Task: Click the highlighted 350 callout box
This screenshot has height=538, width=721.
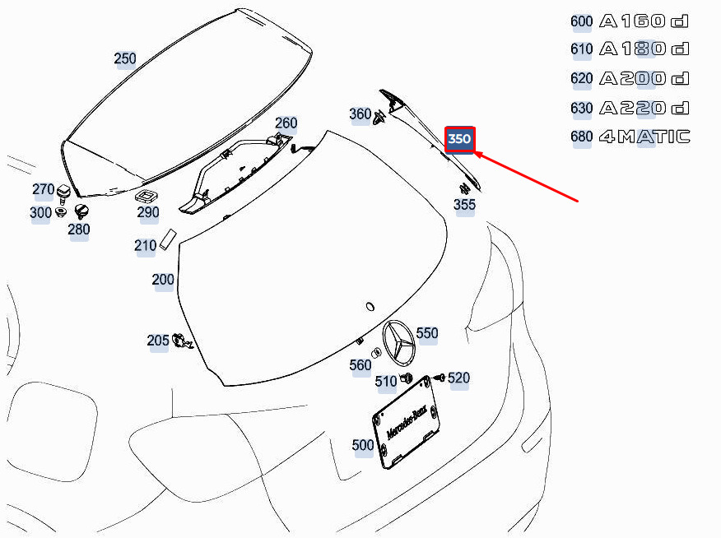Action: tap(459, 139)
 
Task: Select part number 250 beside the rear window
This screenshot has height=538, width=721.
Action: tap(125, 58)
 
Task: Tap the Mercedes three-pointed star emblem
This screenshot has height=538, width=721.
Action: tap(398, 343)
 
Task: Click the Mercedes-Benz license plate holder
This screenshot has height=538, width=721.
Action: tap(406, 423)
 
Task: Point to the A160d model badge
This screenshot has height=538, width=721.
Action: tap(644, 21)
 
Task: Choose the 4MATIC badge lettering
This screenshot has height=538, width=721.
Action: tap(644, 137)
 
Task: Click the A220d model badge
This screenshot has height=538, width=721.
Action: tap(644, 108)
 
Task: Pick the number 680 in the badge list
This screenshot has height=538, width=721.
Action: tap(581, 137)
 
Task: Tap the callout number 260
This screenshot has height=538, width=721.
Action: tap(286, 123)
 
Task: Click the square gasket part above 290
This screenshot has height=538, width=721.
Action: tap(147, 196)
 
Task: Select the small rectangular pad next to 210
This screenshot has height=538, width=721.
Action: tap(168, 239)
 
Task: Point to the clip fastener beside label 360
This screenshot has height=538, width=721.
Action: tap(379, 118)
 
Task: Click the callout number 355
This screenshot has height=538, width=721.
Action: tap(464, 205)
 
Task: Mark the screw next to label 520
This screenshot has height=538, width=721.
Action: tap(440, 378)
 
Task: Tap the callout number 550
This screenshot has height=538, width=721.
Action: tap(426, 333)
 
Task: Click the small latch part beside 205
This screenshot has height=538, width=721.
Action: tap(182, 341)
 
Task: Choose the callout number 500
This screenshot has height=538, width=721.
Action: tap(363, 445)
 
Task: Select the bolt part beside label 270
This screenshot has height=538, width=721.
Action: tap(63, 193)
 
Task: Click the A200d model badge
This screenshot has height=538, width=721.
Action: tap(644, 79)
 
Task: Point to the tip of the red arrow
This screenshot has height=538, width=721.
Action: tap(474, 152)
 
